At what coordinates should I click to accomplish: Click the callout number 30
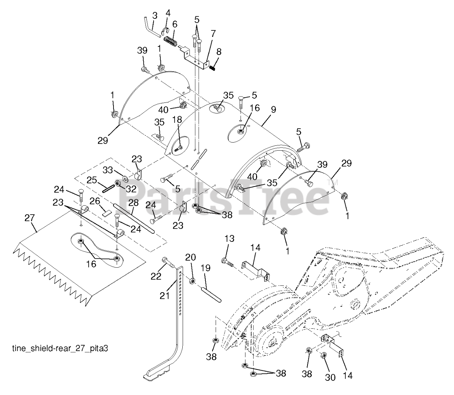point(330,378)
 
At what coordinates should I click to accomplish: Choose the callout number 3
point(155,16)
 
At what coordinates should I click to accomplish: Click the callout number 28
point(134,203)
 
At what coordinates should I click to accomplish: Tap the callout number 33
point(108,170)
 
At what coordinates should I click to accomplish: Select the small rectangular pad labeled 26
point(106,213)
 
